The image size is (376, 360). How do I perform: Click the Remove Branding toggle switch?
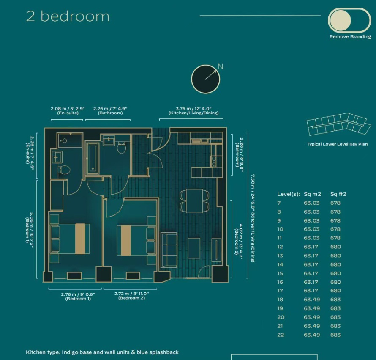pyautogui.click(x=349, y=20)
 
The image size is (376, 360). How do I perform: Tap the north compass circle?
pyautogui.click(x=205, y=79)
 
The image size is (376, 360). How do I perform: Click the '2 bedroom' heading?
pyautogui.click(x=68, y=16)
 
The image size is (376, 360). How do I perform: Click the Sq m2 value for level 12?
pyautogui.click(x=311, y=247)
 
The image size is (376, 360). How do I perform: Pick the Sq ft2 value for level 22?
pyautogui.click(x=335, y=335)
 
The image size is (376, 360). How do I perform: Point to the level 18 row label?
pyautogui.click(x=280, y=300)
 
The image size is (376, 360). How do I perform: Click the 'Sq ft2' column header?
pyautogui.click(x=338, y=194)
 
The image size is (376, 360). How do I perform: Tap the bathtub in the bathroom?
pyautogui.click(x=93, y=157)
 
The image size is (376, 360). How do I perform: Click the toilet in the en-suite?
pyautogui.click(x=64, y=170)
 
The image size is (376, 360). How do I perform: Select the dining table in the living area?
pyautogui.click(x=194, y=201)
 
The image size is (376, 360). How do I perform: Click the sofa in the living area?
pyautogui.click(x=169, y=250)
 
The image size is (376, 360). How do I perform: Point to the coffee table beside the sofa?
pyautogui.click(x=194, y=248)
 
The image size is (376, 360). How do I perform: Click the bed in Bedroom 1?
pyautogui.click(x=70, y=239)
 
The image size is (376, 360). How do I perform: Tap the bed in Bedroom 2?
pyautogui.click(x=136, y=240)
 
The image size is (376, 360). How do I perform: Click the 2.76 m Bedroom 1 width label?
pyautogui.click(x=78, y=297)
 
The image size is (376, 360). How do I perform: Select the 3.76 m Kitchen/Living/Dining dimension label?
pyautogui.click(x=193, y=111)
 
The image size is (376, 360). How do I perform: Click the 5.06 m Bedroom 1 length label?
pyautogui.click(x=30, y=228)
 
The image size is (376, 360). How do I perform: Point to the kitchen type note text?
pyautogui.click(x=102, y=352)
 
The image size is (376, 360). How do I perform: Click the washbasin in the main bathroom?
pyautogui.click(x=109, y=140)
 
